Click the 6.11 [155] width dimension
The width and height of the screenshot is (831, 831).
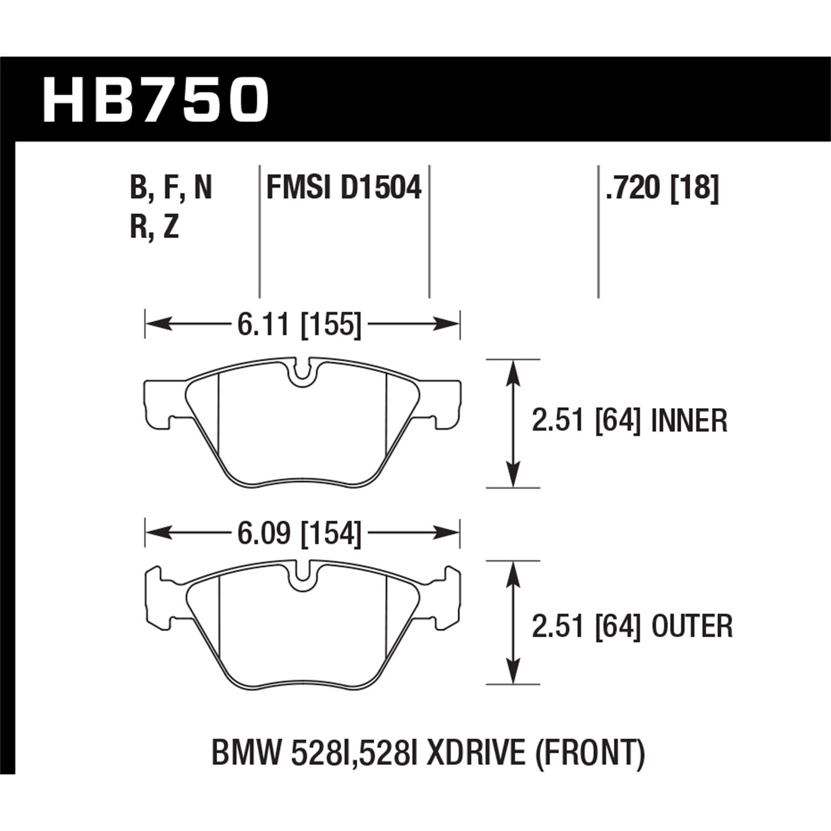299,324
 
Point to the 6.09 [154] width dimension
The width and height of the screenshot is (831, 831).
299,534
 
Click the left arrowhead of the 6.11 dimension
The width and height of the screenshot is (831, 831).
155,324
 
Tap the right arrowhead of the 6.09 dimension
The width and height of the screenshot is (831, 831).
450,534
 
